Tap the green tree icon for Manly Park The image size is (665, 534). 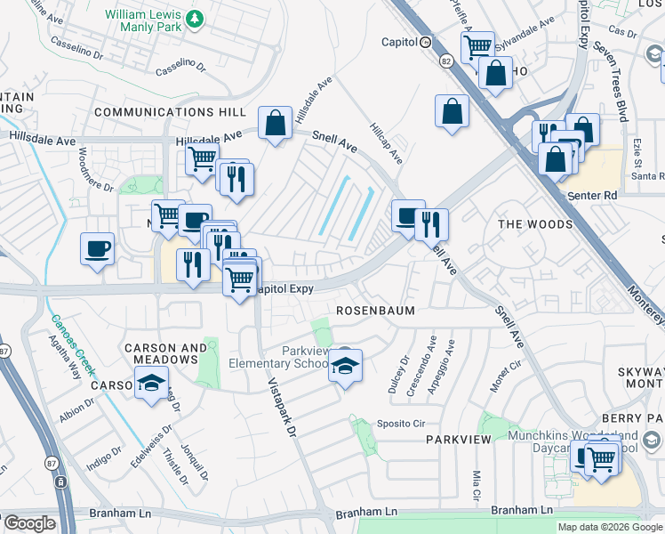pyautogui.click(x=194, y=16)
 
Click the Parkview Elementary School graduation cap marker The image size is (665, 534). pyautogui.click(x=346, y=366)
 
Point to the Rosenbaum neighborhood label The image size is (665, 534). pyautogui.click(x=371, y=311)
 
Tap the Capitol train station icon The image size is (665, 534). pyautogui.click(x=426, y=42)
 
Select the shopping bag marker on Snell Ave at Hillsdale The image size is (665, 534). pyautogui.click(x=276, y=123)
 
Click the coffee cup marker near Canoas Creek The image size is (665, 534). pyautogui.click(x=97, y=249)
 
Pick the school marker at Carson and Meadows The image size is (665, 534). pyautogui.click(x=152, y=384)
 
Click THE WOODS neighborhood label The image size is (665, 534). pyautogui.click(x=535, y=224)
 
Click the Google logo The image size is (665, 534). pyautogui.click(x=28, y=523)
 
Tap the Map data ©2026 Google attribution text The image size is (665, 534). pyautogui.click(x=609, y=527)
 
